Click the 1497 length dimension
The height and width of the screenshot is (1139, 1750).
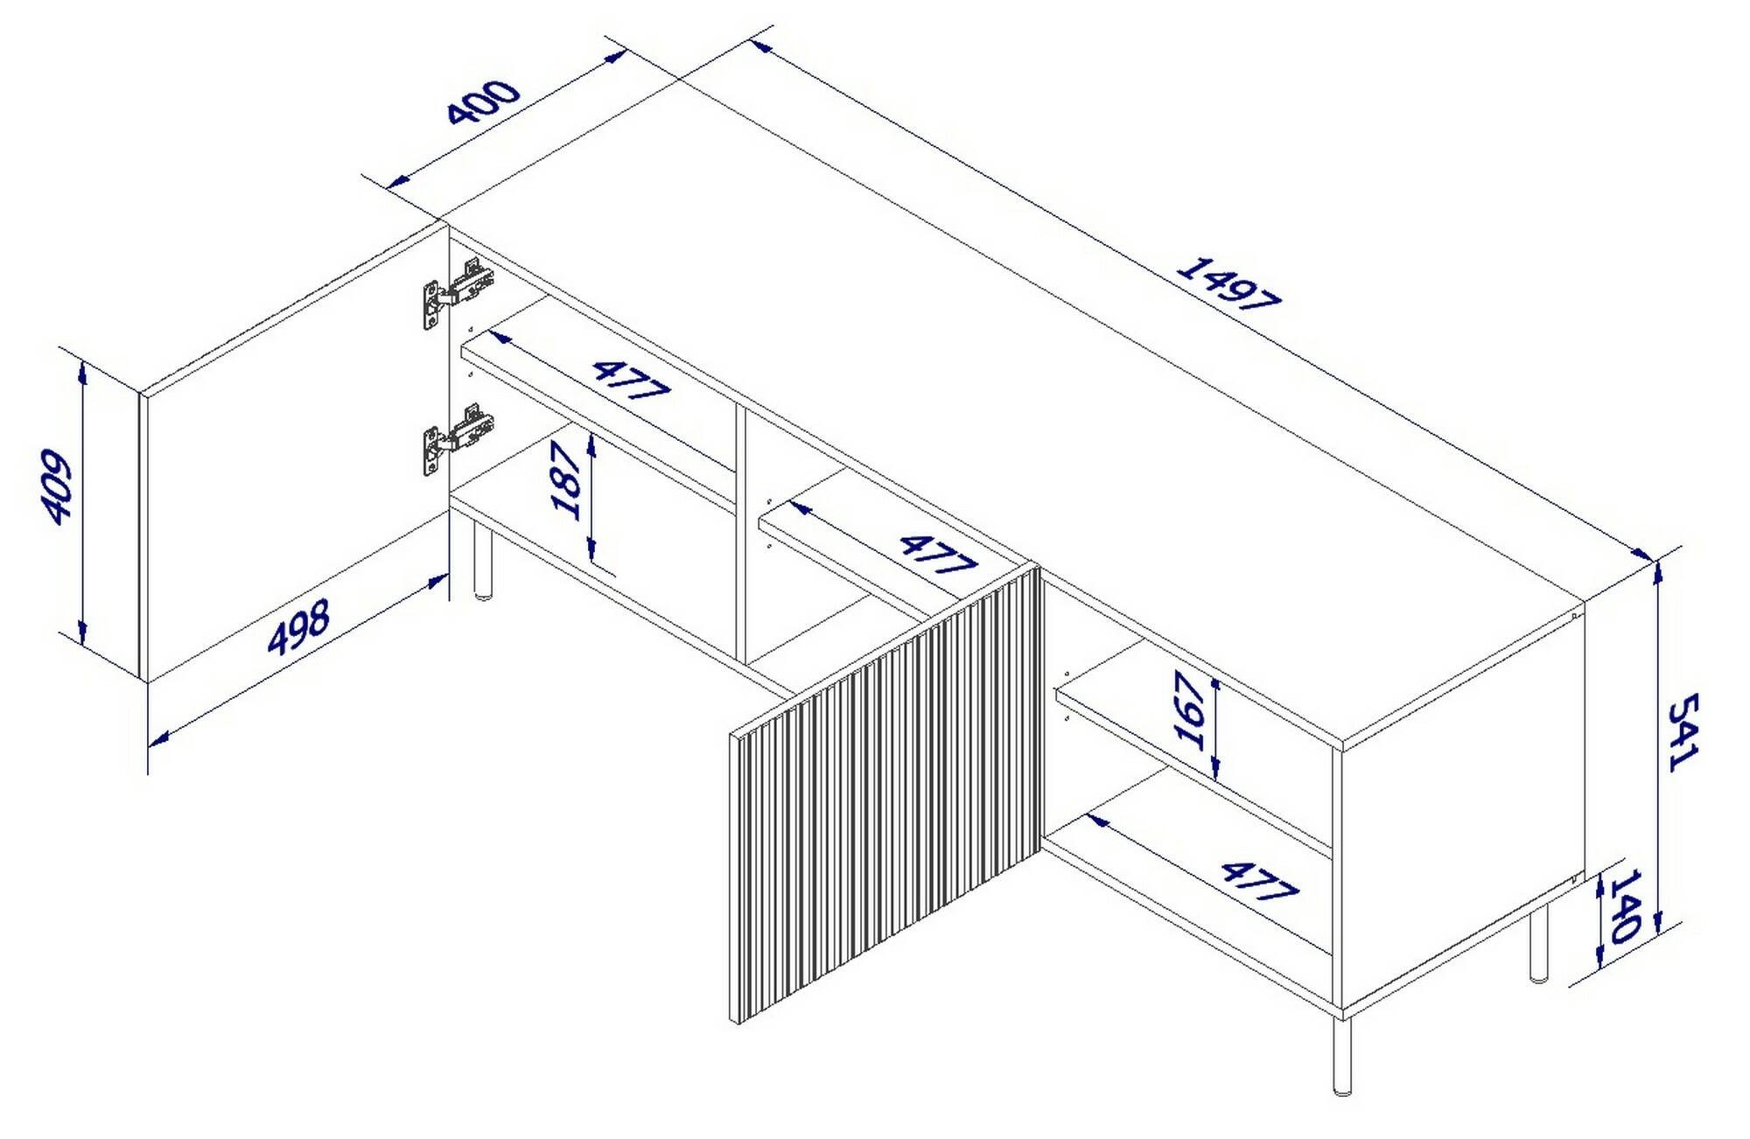(x=1228, y=283)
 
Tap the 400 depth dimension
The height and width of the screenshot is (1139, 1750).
(x=483, y=102)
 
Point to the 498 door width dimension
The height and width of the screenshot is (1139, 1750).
(x=299, y=627)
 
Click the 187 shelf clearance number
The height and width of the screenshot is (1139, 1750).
(x=567, y=481)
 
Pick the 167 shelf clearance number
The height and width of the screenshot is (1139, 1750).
(x=1191, y=710)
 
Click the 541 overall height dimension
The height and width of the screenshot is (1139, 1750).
(x=1681, y=732)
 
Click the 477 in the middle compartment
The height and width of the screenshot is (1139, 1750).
(x=937, y=555)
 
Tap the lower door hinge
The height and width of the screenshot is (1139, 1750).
(x=458, y=439)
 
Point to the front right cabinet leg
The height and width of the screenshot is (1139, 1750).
(x=1342, y=1056)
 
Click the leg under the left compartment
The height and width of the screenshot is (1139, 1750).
(x=481, y=561)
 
